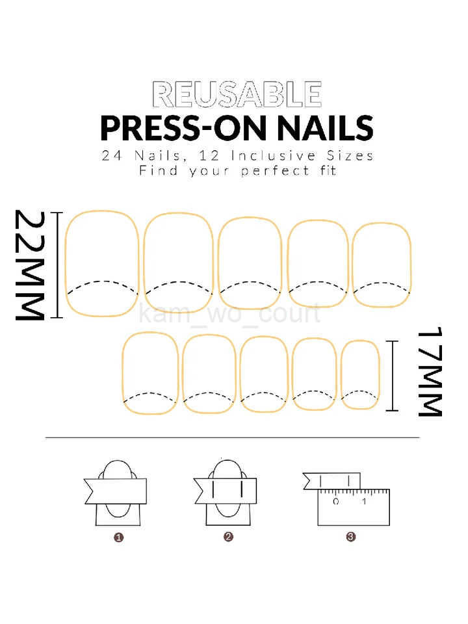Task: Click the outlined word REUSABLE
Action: tap(237, 95)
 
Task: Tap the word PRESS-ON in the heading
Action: tap(169, 128)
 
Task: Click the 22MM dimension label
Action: tap(31, 265)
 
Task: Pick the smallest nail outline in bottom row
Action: tap(360, 374)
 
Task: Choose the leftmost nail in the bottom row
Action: tap(150, 372)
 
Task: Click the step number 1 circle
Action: tap(119, 537)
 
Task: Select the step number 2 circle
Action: tap(228, 537)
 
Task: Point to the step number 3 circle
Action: tap(350, 537)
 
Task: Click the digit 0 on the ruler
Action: tap(336, 502)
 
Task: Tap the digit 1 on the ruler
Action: tap(363, 502)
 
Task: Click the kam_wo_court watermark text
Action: tap(231, 314)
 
